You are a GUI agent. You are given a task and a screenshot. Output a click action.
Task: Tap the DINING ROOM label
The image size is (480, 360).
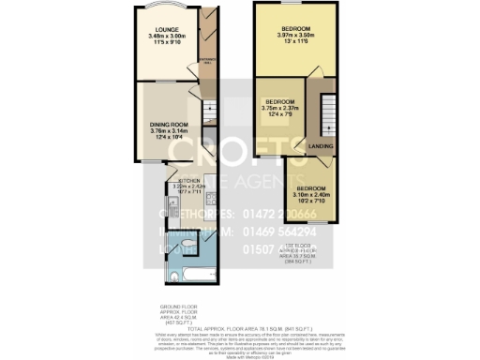pos(170,124)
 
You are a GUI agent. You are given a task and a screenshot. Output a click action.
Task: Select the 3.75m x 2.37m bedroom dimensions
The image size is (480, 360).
pos(282,107)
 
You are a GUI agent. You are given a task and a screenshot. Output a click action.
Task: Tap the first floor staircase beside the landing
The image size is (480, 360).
pos(327,117)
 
